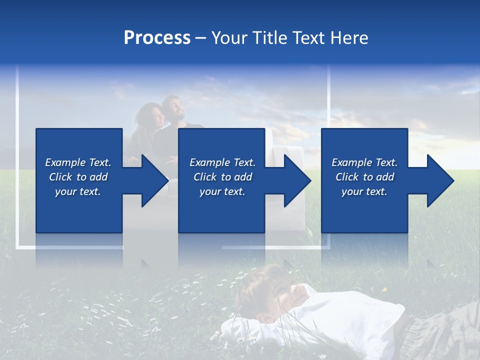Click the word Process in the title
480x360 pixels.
(157, 38)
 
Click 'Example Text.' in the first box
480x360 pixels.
(78, 162)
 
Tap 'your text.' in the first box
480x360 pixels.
(78, 191)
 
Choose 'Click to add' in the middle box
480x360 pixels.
(222, 177)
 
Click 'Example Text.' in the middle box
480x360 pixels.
(222, 162)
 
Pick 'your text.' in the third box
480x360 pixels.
(364, 191)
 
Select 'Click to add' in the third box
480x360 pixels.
(364, 177)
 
